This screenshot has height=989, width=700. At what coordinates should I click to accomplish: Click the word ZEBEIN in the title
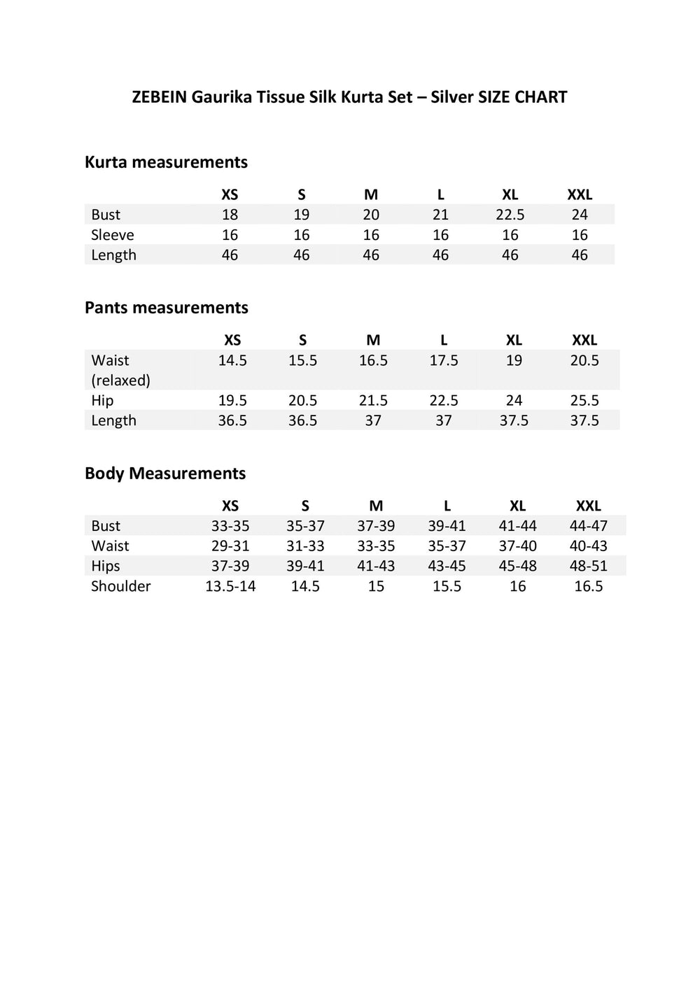(x=159, y=97)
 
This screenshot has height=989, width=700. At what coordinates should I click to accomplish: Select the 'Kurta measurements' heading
(x=166, y=162)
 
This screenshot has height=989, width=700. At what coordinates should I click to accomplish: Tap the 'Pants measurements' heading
(x=166, y=308)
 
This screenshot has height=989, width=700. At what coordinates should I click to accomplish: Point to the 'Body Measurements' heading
(x=165, y=474)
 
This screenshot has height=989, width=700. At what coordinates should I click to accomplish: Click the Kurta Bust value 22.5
(x=510, y=215)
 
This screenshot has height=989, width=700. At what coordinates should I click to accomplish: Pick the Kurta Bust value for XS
(x=230, y=215)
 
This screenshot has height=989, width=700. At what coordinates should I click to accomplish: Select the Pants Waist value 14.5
(x=232, y=360)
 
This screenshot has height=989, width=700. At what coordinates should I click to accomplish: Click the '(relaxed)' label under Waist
(x=120, y=380)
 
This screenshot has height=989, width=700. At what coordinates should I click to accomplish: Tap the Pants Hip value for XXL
(x=584, y=400)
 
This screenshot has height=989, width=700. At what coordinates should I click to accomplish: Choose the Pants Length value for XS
(x=232, y=420)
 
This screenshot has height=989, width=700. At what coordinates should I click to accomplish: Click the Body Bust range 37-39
(x=376, y=526)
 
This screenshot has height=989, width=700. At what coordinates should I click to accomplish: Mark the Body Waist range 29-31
(x=230, y=546)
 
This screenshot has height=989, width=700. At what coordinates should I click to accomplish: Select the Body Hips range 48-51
(x=588, y=566)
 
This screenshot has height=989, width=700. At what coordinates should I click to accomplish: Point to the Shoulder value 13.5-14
(x=230, y=586)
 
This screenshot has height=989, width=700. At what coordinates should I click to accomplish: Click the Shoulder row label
(x=120, y=586)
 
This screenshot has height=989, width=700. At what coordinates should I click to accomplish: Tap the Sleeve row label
(x=112, y=235)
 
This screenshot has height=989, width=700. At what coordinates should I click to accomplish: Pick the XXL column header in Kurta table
(x=580, y=194)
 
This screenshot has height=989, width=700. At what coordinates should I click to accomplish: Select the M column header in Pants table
(x=373, y=340)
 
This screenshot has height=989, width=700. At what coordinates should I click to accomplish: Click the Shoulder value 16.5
(x=588, y=586)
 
